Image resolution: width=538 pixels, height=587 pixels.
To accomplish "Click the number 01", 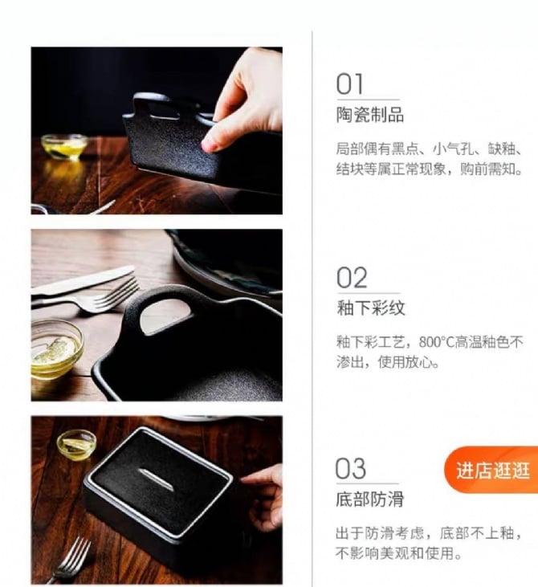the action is pos(349,84).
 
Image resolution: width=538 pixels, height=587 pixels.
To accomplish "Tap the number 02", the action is pos(352,277).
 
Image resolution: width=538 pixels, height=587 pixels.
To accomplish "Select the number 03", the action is pos(350,468).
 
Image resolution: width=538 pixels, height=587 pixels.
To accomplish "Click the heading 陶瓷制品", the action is pos(370,115).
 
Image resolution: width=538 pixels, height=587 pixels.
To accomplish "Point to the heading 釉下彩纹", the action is pos(371,308).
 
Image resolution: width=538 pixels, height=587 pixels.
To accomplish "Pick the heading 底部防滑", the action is pos(370,499).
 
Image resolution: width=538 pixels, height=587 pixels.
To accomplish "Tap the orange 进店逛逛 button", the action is pos(491,470).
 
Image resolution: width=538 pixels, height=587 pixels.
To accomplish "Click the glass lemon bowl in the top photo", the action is pos(64,145).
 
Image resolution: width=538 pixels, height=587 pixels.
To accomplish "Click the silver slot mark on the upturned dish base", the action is pos(156,479).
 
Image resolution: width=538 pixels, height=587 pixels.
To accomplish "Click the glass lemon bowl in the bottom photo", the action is pos(76,445).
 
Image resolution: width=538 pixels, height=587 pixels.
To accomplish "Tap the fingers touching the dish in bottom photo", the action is pos(263,495).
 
